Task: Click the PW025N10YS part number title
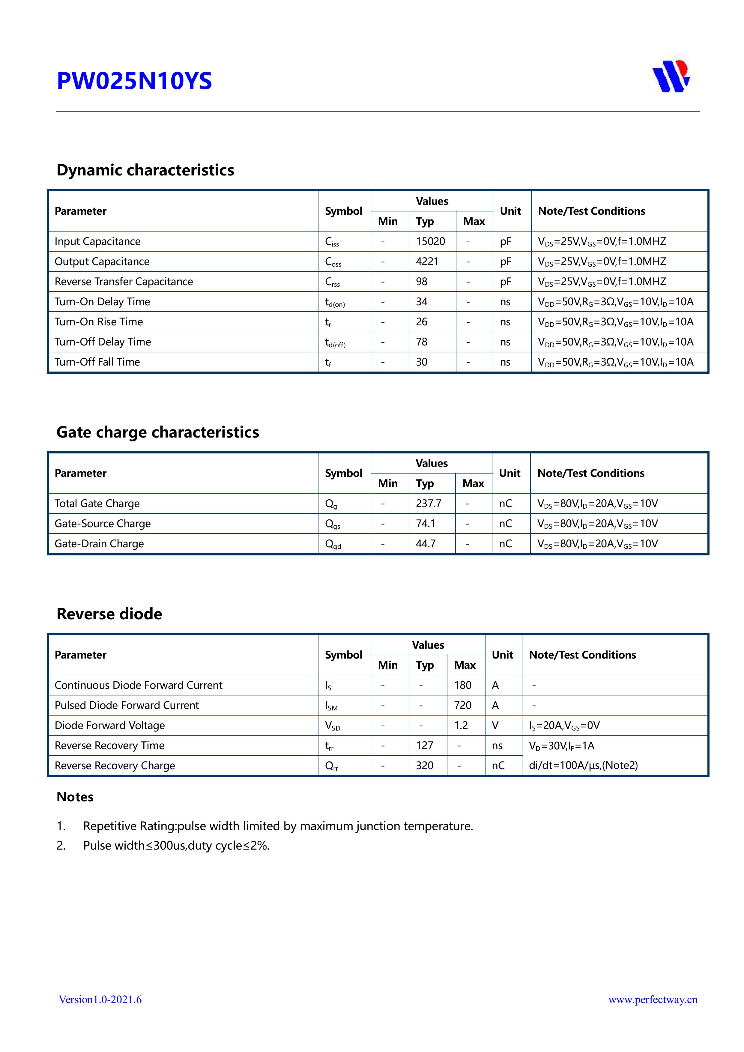click(x=134, y=81)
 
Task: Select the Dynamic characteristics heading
click(x=145, y=170)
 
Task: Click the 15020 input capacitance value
click(x=430, y=241)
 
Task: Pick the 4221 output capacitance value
click(x=427, y=262)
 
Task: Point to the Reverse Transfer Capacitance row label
click(x=124, y=282)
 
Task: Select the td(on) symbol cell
click(x=335, y=302)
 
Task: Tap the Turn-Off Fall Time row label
click(x=97, y=362)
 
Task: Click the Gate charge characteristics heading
click(x=158, y=432)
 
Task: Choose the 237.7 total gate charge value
click(x=428, y=504)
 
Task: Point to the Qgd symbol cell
click(x=333, y=544)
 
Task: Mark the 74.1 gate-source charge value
click(x=425, y=524)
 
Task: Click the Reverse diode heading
click(x=109, y=614)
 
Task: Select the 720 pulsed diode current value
click(x=463, y=705)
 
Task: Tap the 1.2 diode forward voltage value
click(x=461, y=725)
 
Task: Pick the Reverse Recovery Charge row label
click(x=115, y=766)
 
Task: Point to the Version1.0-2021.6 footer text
click(x=100, y=999)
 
